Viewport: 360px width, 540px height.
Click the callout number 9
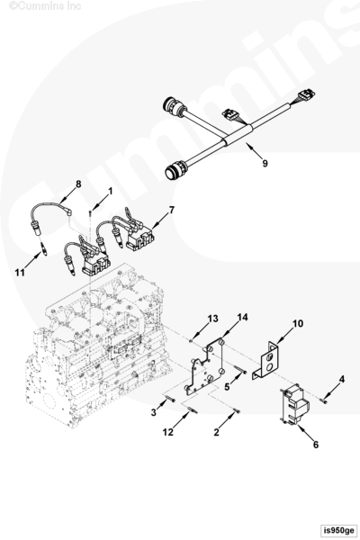point(265,163)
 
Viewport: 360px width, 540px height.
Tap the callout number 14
point(242,317)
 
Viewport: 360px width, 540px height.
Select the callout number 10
point(298,324)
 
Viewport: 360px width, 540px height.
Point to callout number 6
point(316,445)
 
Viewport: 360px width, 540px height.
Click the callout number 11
point(20,273)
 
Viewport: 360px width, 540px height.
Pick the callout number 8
point(78,184)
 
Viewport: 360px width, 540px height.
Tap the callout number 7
point(172,210)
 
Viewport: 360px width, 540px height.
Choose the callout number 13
point(213,319)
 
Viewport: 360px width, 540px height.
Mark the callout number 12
point(167,432)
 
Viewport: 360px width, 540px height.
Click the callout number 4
point(341,379)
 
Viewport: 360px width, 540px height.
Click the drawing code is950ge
point(338,530)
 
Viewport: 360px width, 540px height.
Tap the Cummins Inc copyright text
point(45,6)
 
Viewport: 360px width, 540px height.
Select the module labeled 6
point(293,404)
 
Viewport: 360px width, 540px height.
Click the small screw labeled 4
point(323,400)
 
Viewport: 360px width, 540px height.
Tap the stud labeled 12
point(193,409)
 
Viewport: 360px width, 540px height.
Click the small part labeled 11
point(43,248)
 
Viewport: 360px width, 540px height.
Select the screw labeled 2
point(237,411)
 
